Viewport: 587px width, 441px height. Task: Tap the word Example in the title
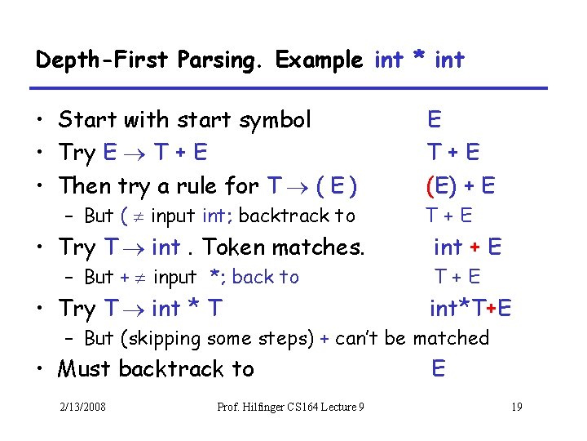319,60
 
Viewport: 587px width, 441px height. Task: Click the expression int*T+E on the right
470,309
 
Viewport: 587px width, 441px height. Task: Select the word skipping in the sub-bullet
173,338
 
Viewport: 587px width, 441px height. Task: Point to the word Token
236,247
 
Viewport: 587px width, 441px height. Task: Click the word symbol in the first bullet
275,120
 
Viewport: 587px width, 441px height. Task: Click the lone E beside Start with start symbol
435,120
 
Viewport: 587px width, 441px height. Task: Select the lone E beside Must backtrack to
438,369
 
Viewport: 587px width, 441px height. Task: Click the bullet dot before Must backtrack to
41,370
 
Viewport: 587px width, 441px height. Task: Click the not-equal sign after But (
138,216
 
